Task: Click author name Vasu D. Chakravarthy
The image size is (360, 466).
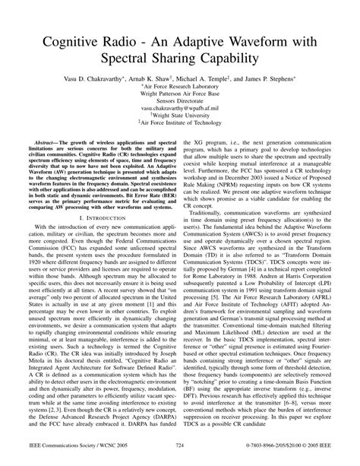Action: (96, 78)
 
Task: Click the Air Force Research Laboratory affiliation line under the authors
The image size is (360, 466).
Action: (180, 87)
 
